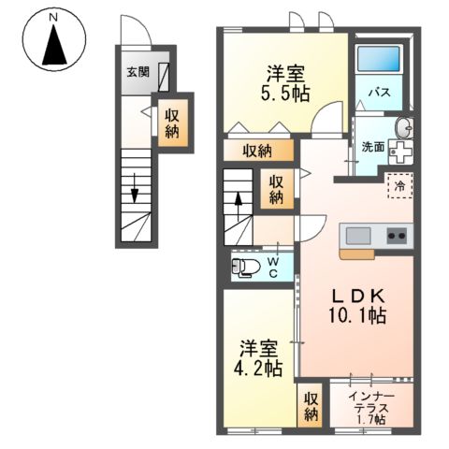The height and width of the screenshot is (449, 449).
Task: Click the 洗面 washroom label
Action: (x=373, y=147)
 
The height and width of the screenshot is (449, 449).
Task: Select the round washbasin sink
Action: (x=404, y=129)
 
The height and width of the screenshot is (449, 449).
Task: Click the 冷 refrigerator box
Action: (x=399, y=186)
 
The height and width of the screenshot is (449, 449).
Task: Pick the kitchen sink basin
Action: (x=357, y=235)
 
